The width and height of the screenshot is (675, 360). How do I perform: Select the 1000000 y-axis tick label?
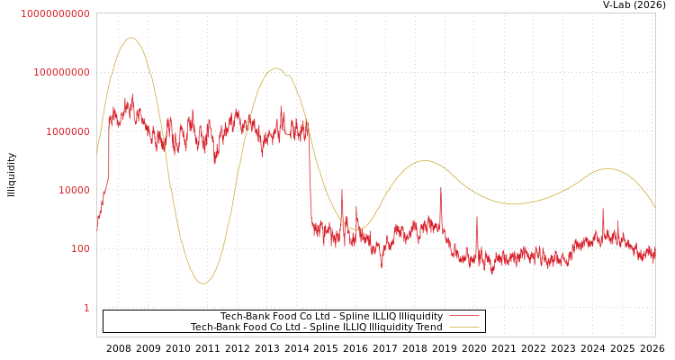click(x=66, y=131)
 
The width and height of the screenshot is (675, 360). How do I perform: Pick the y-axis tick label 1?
click(x=86, y=308)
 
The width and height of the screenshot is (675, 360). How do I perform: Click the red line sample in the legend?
click(x=463, y=316)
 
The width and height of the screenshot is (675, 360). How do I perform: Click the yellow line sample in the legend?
click(x=463, y=327)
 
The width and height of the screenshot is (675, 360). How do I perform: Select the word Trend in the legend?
click(x=427, y=327)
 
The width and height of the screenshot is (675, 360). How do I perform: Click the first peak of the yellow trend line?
click(x=132, y=38)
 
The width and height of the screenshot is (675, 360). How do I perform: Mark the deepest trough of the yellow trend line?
click(x=203, y=283)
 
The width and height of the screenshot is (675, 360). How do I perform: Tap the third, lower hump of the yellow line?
click(x=425, y=161)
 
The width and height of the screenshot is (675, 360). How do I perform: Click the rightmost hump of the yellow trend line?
click(x=608, y=168)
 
